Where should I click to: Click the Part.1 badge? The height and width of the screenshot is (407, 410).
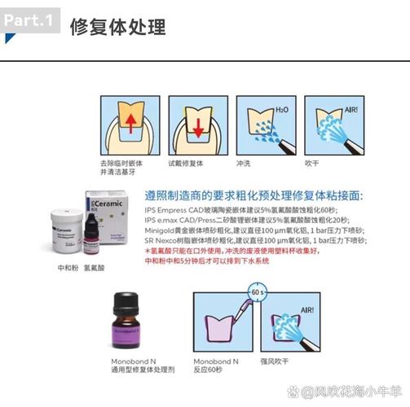[30, 20]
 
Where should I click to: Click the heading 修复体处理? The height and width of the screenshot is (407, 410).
[117, 27]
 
